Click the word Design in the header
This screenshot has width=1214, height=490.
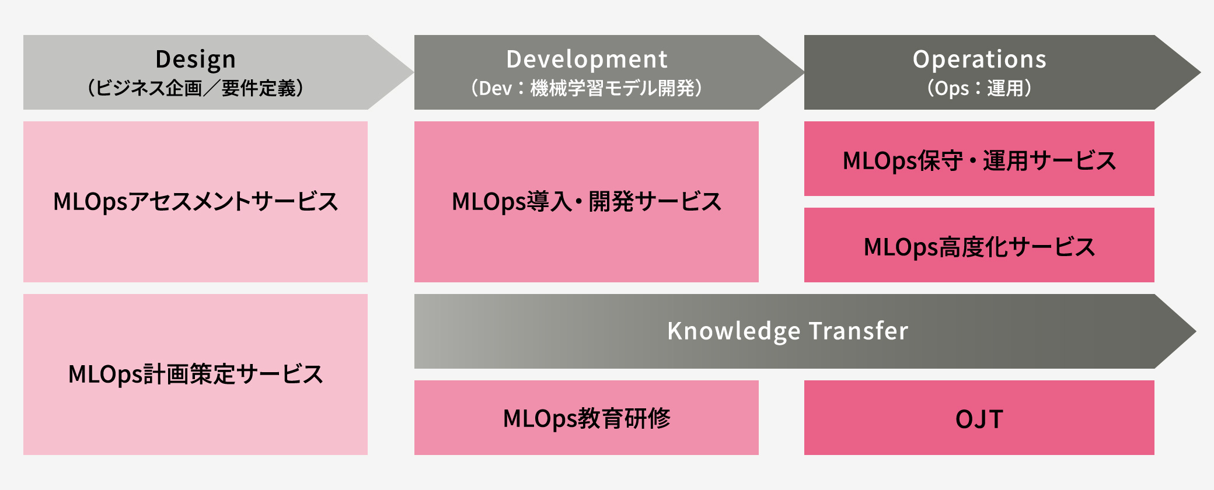[196, 60]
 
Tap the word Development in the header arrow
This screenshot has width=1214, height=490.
[587, 60]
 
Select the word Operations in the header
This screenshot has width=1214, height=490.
[979, 60]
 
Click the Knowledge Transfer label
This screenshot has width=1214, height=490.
[787, 331]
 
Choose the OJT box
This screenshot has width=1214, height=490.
[979, 418]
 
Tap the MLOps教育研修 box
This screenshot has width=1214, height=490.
[587, 418]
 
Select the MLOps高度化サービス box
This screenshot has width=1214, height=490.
[979, 245]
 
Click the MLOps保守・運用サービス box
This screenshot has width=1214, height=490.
[979, 159]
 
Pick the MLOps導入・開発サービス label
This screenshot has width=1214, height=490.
[587, 202]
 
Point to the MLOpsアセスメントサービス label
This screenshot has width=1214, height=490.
[196, 202]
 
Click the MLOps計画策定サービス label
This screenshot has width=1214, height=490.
[196, 374]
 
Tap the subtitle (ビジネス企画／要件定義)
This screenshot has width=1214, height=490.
[196, 89]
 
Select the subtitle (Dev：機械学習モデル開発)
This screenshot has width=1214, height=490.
[587, 89]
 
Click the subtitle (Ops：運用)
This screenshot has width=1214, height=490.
[979, 89]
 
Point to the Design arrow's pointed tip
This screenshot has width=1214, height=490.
[413, 72]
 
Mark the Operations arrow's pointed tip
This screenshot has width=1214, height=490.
[1200, 72]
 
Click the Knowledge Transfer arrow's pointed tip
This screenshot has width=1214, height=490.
[1195, 331]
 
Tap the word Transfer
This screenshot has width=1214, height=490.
[859, 331]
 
